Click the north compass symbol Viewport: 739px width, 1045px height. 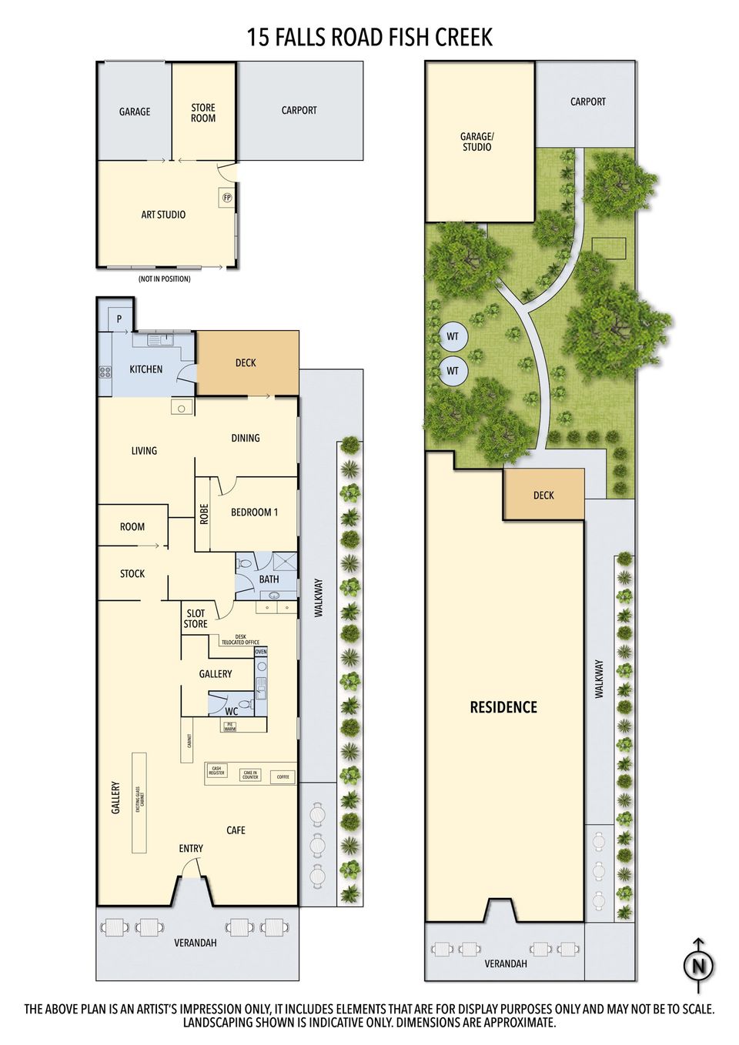pyautogui.click(x=698, y=965)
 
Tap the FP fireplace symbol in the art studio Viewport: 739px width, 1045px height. pyautogui.click(x=227, y=197)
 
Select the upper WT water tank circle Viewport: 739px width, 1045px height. pyautogui.click(x=453, y=336)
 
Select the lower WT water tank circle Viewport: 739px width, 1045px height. pyautogui.click(x=453, y=371)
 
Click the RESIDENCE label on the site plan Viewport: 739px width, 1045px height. pyautogui.click(x=503, y=707)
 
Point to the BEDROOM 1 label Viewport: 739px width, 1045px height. pyautogui.click(x=254, y=512)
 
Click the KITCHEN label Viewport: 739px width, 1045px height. pyautogui.click(x=145, y=369)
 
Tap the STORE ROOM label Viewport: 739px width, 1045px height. pyautogui.click(x=203, y=113)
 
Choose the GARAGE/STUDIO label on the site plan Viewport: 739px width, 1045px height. pyautogui.click(x=477, y=142)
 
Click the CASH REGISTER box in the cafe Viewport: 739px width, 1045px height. pyautogui.click(x=216, y=770)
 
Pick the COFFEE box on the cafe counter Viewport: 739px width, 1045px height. pyautogui.click(x=283, y=777)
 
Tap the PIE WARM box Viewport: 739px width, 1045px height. pyautogui.click(x=229, y=726)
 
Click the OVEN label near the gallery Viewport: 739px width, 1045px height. pyautogui.click(x=261, y=652)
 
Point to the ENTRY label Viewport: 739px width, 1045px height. pyautogui.click(x=191, y=848)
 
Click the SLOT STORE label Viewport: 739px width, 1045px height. pyautogui.click(x=196, y=619)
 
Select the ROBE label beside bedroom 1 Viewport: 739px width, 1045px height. pyautogui.click(x=204, y=513)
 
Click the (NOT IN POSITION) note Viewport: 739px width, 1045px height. pyautogui.click(x=164, y=279)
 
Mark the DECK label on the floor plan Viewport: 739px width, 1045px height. pyautogui.click(x=246, y=362)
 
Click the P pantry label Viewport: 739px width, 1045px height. pyautogui.click(x=119, y=319)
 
